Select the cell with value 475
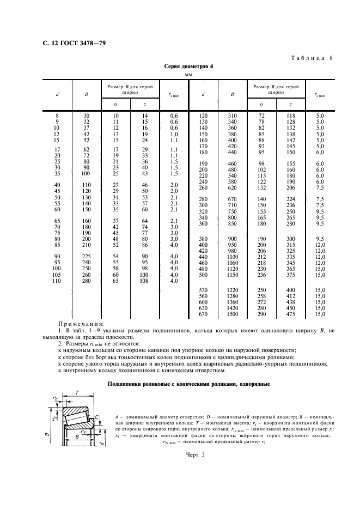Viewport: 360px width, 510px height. tap(290, 314)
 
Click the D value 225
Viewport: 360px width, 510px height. tap(86, 256)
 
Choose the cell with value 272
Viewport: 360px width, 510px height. tap(261, 302)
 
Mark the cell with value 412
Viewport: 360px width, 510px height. tap(290, 296)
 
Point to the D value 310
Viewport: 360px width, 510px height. tap(231, 116)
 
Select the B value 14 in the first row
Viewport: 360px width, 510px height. tap(145, 116)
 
